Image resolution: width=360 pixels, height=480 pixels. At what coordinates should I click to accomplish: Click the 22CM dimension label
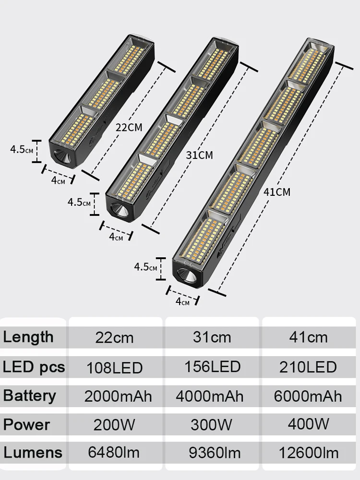click(x=129, y=127)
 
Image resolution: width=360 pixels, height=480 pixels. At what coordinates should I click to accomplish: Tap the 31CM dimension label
click(x=199, y=155)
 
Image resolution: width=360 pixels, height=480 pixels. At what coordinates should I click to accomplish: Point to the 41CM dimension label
click(x=276, y=192)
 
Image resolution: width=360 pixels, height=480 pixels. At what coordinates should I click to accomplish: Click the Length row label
click(x=28, y=337)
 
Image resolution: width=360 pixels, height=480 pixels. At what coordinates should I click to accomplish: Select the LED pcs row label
click(x=34, y=367)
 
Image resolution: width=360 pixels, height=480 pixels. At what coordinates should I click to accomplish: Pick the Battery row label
click(x=29, y=396)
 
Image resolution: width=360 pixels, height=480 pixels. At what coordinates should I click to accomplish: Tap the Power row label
click(x=26, y=424)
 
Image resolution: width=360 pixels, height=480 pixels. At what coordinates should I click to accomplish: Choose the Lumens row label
click(x=33, y=452)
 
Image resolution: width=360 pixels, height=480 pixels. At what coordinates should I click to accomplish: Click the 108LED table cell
click(x=114, y=368)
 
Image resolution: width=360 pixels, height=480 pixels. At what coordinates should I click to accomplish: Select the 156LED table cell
click(x=212, y=367)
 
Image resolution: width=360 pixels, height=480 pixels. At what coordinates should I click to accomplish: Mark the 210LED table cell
click(x=308, y=367)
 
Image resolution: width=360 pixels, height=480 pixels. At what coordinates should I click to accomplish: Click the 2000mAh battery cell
click(x=118, y=396)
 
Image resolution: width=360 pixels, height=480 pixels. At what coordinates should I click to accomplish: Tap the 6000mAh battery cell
click(x=308, y=396)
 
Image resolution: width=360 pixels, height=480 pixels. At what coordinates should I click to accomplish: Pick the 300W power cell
click(x=211, y=425)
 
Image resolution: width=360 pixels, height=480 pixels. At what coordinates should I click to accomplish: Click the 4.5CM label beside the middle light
click(x=79, y=202)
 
